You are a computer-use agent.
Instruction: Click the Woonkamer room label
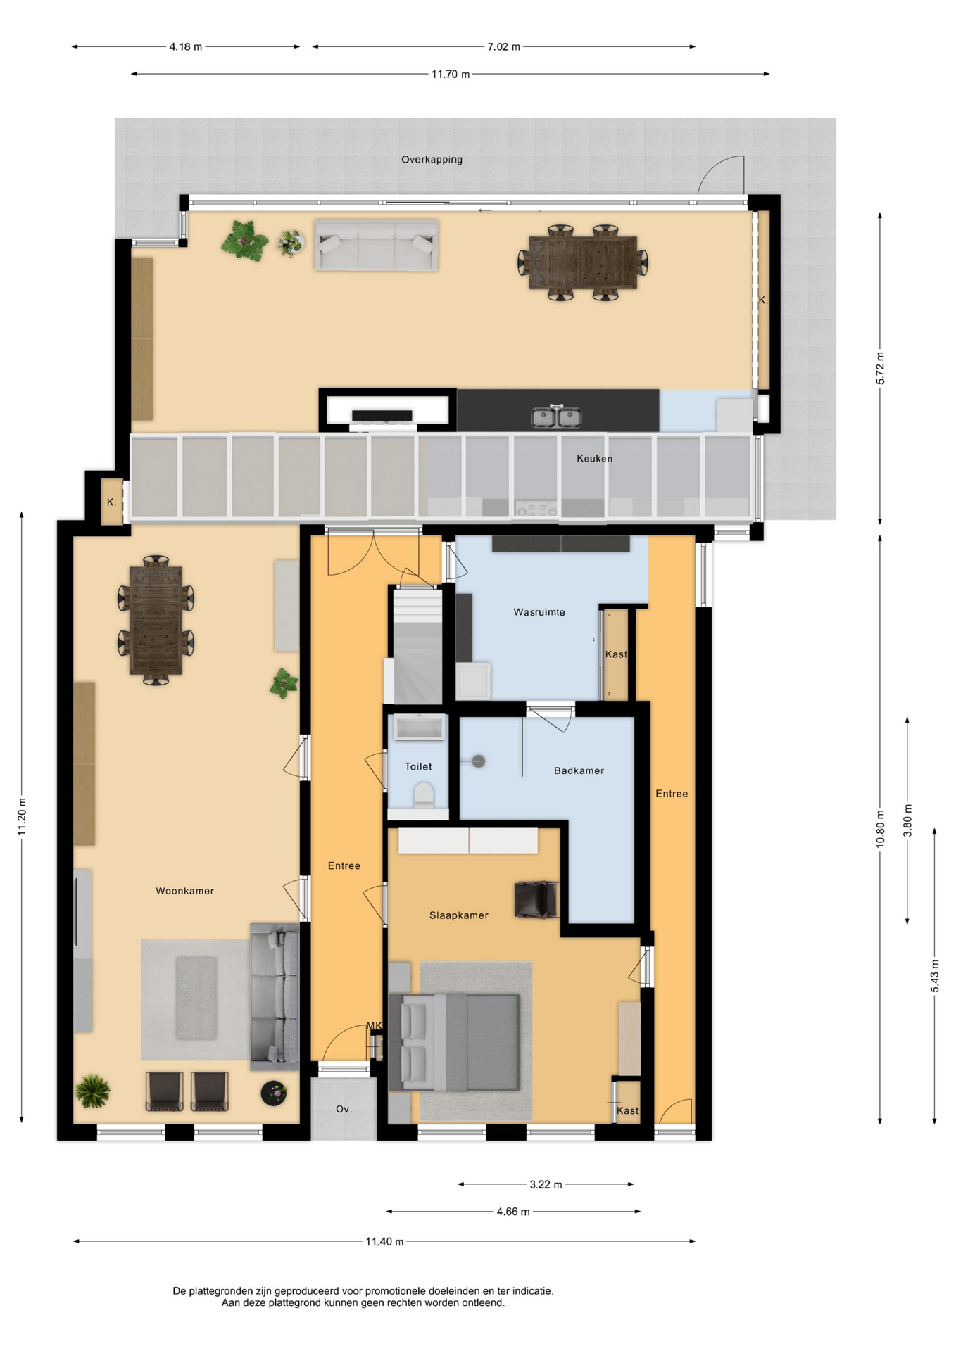pyautogui.click(x=184, y=891)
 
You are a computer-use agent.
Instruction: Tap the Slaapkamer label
pyautogui.click(x=459, y=915)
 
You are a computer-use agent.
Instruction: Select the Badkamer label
pyautogui.click(x=579, y=770)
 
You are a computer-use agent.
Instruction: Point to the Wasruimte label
pyautogui.click(x=539, y=612)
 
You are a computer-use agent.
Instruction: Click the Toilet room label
pyautogui.click(x=418, y=766)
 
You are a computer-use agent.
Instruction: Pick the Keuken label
pyautogui.click(x=595, y=458)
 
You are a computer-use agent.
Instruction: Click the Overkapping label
pyautogui.click(x=432, y=160)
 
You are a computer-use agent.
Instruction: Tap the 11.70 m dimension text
pyautogui.click(x=451, y=74)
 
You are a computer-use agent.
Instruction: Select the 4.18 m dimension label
pyautogui.click(x=186, y=47)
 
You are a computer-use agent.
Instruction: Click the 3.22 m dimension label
pyautogui.click(x=546, y=1184)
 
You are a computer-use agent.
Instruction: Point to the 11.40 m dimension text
pyautogui.click(x=385, y=1241)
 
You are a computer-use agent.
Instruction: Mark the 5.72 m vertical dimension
pyautogui.click(x=880, y=368)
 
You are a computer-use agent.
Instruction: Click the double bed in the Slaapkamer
pyautogui.click(x=455, y=1042)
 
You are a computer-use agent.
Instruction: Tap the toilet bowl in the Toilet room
pyautogui.click(x=424, y=796)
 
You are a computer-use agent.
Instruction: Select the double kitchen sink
pyautogui.click(x=556, y=417)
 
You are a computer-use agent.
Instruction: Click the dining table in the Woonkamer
pyautogui.click(x=156, y=620)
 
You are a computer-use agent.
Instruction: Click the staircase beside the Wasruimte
pyautogui.click(x=417, y=646)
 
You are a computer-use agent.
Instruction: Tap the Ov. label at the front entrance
pyautogui.click(x=344, y=1109)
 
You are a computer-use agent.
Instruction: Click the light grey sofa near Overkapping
pyautogui.click(x=377, y=245)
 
